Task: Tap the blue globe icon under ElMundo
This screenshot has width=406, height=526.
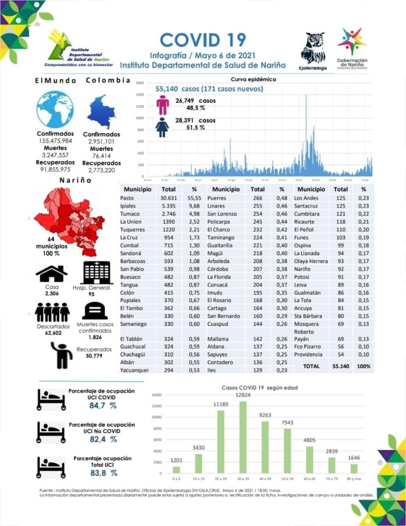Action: click(55, 109)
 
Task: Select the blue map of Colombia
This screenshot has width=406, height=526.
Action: click(101, 112)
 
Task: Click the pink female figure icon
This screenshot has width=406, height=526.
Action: click(163, 104)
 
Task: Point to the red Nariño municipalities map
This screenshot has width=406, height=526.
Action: click(69, 219)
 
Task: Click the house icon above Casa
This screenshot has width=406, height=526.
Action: click(52, 274)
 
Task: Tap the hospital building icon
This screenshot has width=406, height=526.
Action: click(98, 273)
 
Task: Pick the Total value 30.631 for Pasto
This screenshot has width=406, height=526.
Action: click(168, 198)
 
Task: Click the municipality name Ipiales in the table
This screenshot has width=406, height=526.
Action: click(128, 206)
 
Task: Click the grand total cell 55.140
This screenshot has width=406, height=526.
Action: click(341, 366)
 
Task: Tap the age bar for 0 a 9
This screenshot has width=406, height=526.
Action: click(176, 470)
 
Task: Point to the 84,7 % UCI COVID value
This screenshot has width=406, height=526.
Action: click(103, 405)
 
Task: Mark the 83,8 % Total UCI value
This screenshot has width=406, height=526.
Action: click(103, 472)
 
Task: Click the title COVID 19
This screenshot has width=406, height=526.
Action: click(203, 40)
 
